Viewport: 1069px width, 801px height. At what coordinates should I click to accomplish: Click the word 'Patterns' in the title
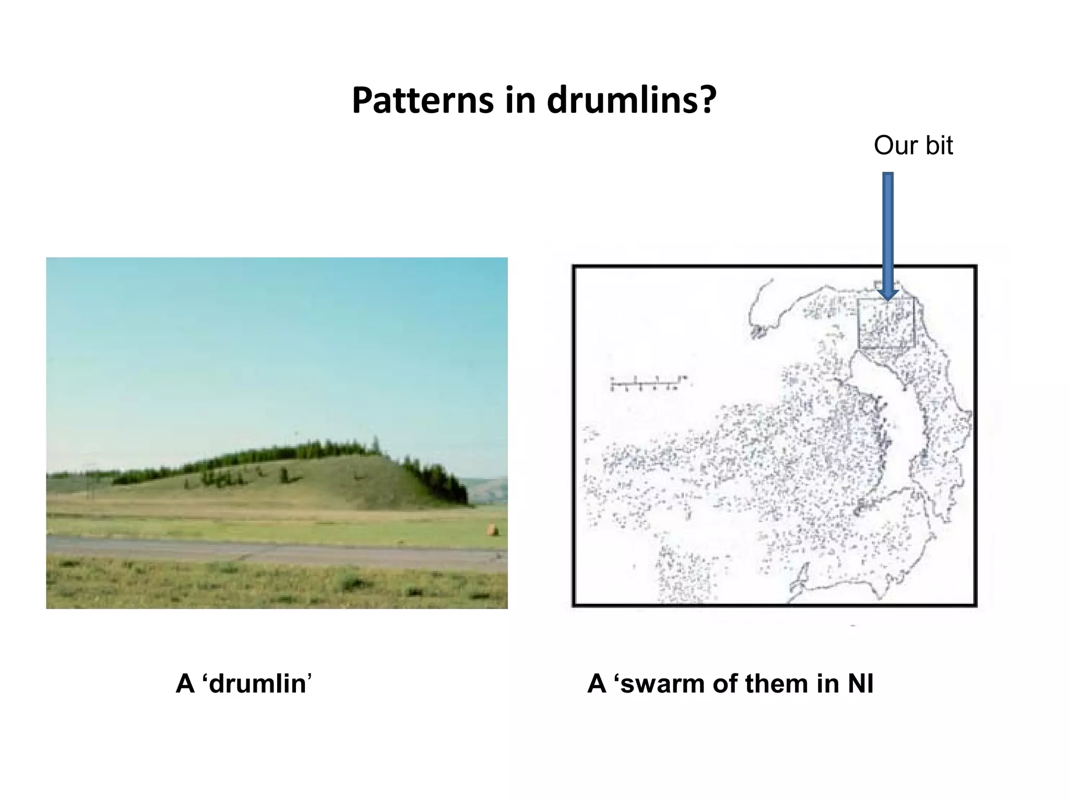coord(422,100)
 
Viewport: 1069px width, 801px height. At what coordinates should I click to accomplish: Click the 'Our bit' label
coord(913,145)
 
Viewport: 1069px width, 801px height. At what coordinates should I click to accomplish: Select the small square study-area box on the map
coord(886,323)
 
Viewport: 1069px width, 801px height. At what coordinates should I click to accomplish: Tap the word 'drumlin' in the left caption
coord(257,684)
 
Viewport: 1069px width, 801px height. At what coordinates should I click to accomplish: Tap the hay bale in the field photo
coord(492,530)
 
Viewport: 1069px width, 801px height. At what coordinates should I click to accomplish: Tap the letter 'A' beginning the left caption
coord(185,684)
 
